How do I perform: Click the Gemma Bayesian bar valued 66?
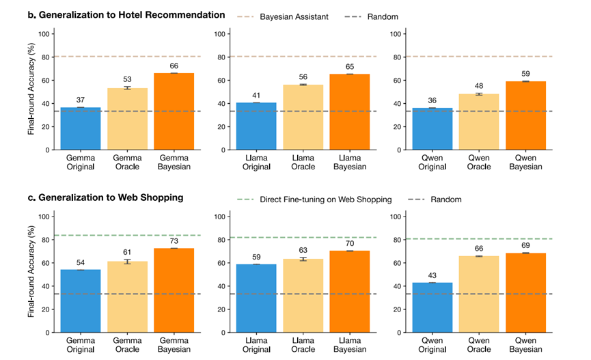click(x=174, y=111)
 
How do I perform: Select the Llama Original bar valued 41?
click(x=256, y=126)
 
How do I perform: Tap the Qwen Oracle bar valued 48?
click(x=479, y=122)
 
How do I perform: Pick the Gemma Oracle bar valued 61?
click(x=127, y=297)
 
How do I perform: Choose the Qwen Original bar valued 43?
click(x=432, y=307)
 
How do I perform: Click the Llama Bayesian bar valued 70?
click(x=350, y=292)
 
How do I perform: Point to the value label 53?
click(x=127, y=79)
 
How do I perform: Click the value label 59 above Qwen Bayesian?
click(x=525, y=74)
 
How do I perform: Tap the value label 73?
click(x=174, y=241)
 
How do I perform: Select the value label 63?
click(x=303, y=250)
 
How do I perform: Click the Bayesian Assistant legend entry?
click(x=283, y=17)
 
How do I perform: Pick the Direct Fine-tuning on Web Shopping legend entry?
click(x=315, y=199)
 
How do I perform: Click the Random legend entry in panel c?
click(x=435, y=199)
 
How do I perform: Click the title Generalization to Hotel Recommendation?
click(x=132, y=15)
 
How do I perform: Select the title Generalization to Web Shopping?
click(x=111, y=197)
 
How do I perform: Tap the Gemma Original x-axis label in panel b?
click(x=81, y=163)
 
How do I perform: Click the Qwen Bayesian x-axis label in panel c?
click(x=525, y=345)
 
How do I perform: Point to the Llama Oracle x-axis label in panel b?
click(x=303, y=163)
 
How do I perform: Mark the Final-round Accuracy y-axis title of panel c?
click(x=31, y=271)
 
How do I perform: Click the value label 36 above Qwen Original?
click(x=432, y=100)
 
